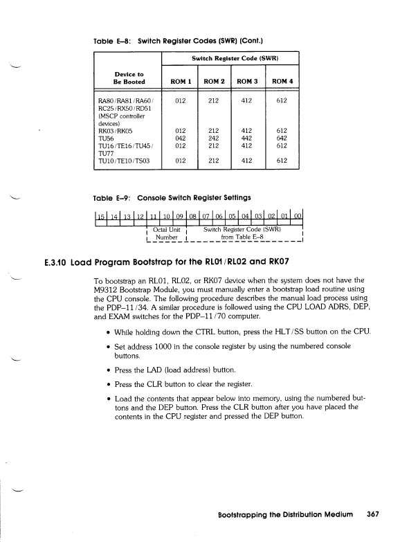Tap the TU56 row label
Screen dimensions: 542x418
pyautogui.click(x=109, y=137)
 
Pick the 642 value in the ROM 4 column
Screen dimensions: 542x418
pyautogui.click(x=281, y=137)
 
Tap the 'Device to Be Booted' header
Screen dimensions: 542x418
pyautogui.click(x=123, y=77)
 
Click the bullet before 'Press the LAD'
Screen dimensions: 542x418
pyautogui.click(x=109, y=369)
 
